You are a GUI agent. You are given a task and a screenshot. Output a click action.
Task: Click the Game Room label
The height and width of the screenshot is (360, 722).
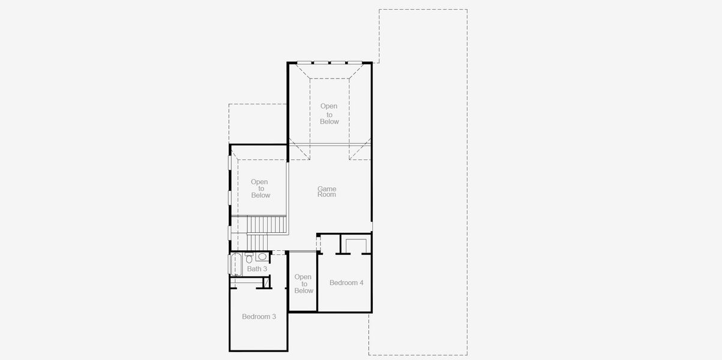point(327,191)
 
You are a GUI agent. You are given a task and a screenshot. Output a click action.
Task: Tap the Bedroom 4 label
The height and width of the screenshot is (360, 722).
point(346,283)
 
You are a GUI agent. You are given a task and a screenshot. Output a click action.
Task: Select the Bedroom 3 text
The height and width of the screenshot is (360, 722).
point(259,316)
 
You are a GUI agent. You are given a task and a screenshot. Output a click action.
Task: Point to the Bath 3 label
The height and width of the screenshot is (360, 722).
point(257,269)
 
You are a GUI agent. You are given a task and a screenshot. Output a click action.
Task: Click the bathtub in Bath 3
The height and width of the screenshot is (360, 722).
point(235,265)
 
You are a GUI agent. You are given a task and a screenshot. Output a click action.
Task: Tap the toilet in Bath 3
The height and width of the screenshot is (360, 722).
point(249,259)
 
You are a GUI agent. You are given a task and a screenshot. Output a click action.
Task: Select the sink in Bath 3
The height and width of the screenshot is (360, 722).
point(262,257)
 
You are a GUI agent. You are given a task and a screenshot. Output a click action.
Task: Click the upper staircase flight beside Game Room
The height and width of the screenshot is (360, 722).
point(267,225)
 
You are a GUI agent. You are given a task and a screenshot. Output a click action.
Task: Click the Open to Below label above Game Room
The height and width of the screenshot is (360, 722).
point(329,114)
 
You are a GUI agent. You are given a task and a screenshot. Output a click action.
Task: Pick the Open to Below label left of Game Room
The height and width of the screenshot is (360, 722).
point(260,188)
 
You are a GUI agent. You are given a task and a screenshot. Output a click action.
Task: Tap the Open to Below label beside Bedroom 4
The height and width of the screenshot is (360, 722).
point(304,284)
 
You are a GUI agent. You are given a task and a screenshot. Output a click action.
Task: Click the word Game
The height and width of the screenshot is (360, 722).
point(327,188)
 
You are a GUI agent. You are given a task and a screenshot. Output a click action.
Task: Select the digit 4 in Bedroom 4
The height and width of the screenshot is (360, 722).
point(361,283)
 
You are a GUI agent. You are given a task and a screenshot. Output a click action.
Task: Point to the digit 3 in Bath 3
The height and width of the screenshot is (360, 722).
point(265,269)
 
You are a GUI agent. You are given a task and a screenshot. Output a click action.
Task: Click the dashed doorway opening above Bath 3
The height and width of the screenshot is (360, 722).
point(279,253)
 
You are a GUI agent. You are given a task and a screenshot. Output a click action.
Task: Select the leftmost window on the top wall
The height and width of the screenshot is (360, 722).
point(305,62)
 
